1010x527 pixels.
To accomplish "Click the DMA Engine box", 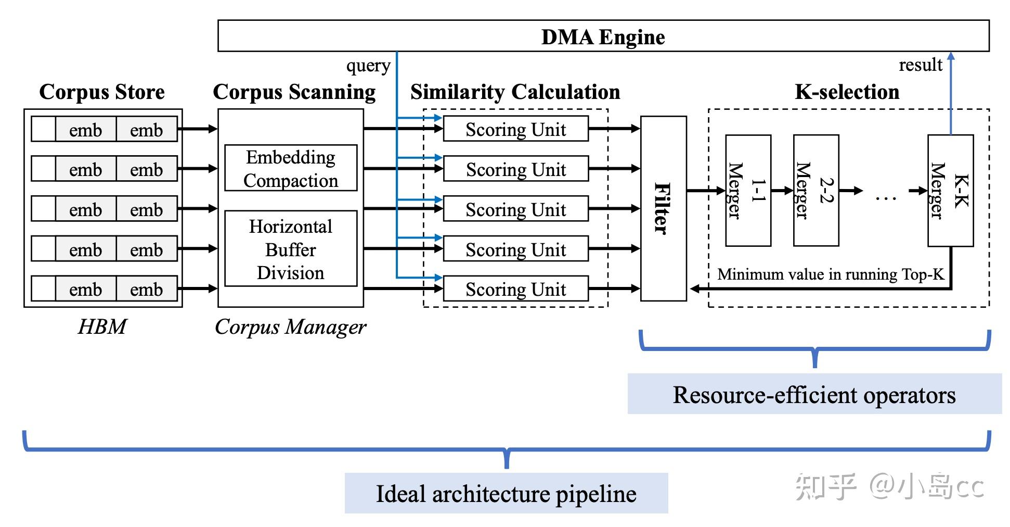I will click(603, 36).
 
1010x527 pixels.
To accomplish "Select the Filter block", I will click(663, 208).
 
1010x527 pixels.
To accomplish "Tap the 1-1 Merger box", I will click(748, 191).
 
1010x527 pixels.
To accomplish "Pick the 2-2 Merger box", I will click(815, 191).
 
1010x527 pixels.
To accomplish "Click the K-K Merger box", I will click(950, 191).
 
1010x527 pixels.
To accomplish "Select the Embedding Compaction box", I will click(291, 168).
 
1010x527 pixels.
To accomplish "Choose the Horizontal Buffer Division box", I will click(291, 249).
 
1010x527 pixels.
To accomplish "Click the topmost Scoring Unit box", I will click(515, 129).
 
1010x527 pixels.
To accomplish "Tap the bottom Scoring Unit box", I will click(515, 289).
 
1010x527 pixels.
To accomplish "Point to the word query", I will click(368, 66).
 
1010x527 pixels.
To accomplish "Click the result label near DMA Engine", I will click(921, 65).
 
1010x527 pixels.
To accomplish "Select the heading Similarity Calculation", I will click(515, 92).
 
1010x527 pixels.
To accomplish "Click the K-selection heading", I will click(847, 92).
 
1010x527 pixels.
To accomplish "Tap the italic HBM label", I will click(102, 327).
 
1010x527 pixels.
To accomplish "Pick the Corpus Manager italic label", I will click(290, 327).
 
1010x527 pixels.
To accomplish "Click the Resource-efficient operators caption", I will click(814, 394).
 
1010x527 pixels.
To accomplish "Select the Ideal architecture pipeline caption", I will click(506, 493).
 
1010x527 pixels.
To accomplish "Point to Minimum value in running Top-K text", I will click(831, 274).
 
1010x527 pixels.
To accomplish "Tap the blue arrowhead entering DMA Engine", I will click(951, 56).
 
